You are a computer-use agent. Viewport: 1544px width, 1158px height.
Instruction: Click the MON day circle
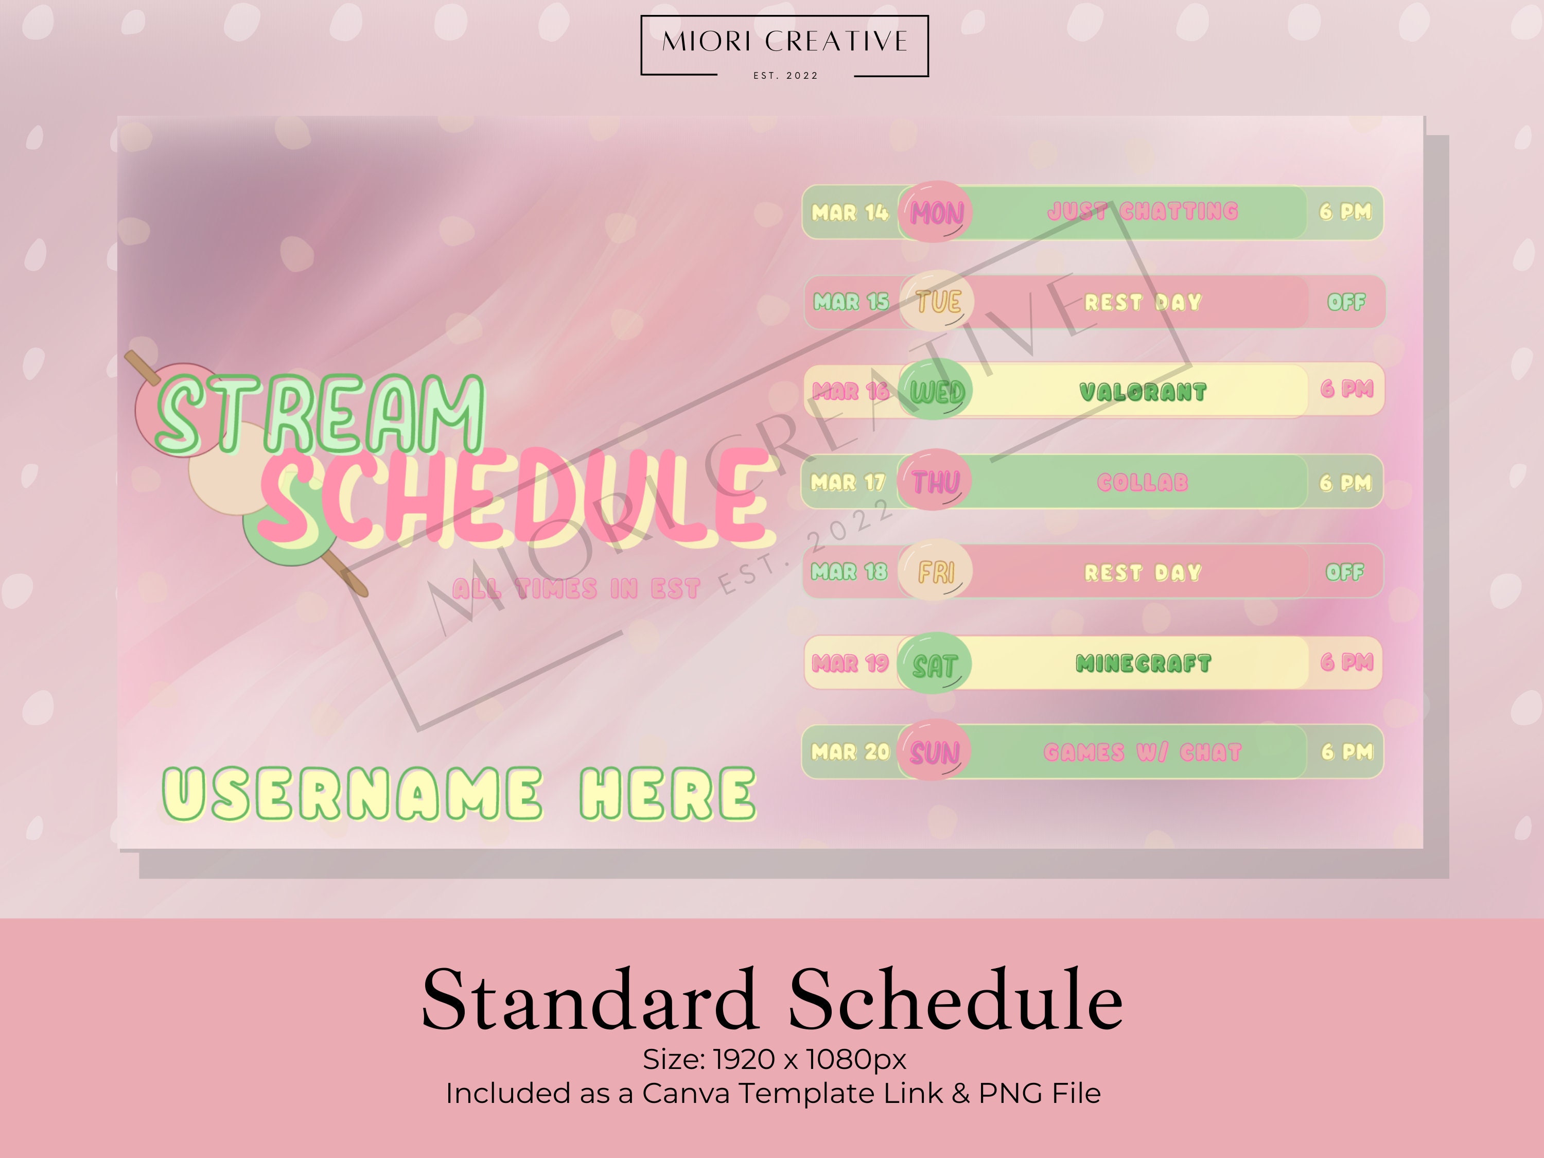coord(935,212)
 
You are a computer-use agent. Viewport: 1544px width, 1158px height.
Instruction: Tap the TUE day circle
coord(937,302)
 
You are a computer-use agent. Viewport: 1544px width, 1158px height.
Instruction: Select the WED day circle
coord(936,391)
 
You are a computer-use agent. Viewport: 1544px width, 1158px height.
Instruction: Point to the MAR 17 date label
coord(847,482)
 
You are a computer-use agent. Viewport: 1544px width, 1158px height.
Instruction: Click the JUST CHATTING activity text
coord(1143,211)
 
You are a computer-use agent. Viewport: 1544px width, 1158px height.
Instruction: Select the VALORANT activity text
coord(1143,392)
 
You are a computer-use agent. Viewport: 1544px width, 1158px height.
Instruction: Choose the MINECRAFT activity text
coord(1143,663)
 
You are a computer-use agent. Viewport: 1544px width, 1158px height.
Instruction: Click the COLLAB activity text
coord(1143,482)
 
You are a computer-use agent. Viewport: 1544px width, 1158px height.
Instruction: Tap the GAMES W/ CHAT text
coord(1143,752)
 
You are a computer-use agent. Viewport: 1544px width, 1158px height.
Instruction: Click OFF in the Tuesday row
coord(1346,302)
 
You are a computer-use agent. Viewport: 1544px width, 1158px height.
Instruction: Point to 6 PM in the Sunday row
coord(1346,752)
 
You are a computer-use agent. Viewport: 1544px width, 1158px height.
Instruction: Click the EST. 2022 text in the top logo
coord(785,75)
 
